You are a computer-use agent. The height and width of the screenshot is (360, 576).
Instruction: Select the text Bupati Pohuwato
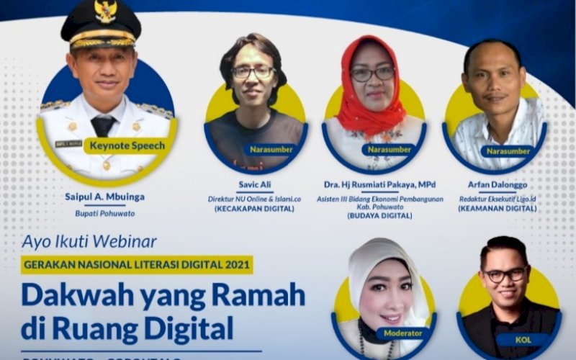[105, 213]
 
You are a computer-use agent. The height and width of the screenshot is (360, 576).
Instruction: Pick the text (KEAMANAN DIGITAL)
[497, 209]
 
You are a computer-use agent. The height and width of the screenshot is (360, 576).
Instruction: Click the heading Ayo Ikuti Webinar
[89, 241]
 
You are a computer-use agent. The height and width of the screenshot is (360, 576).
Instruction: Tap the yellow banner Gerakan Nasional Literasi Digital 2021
[137, 264]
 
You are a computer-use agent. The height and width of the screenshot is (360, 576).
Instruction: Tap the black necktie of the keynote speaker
[103, 125]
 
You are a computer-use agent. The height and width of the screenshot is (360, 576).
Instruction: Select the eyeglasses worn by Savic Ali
[253, 72]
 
